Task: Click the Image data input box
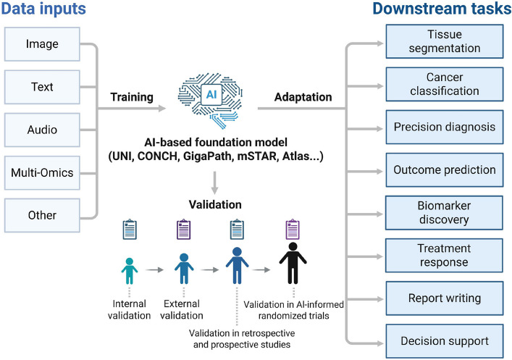pyautogui.click(x=42, y=44)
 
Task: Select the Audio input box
pyautogui.click(x=42, y=130)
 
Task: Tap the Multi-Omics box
pyautogui.click(x=42, y=173)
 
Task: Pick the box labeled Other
pyautogui.click(x=42, y=215)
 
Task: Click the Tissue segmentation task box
pyautogui.click(x=445, y=41)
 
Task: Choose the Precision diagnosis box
pyautogui.click(x=445, y=127)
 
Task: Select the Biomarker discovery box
pyautogui.click(x=444, y=213)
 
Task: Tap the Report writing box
pyautogui.click(x=445, y=298)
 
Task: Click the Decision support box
pyautogui.click(x=445, y=341)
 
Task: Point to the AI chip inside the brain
pyautogui.click(x=211, y=95)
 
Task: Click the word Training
pyautogui.click(x=132, y=97)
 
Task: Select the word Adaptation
pyautogui.click(x=303, y=97)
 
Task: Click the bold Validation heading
pyautogui.click(x=215, y=204)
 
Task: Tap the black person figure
pyautogui.click(x=293, y=263)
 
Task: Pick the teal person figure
pyautogui.click(x=130, y=271)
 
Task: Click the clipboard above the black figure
pyautogui.click(x=293, y=230)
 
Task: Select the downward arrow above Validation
pyautogui.click(x=214, y=183)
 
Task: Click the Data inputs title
pyautogui.click(x=43, y=9)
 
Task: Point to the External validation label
pyautogui.click(x=182, y=309)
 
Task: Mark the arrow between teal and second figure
pyautogui.click(x=154, y=270)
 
